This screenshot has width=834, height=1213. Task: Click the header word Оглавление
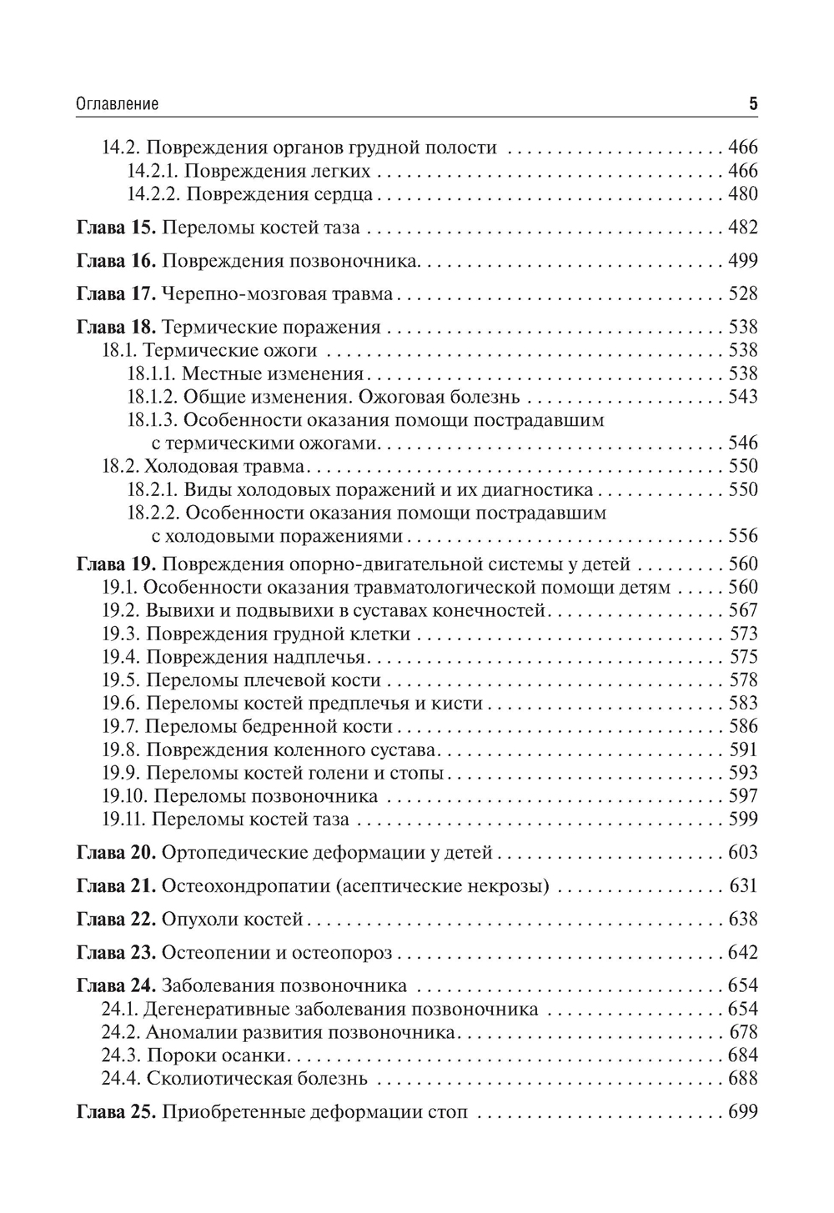click(117, 105)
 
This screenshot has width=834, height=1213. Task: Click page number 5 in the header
click(752, 105)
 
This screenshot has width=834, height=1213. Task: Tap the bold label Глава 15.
click(116, 228)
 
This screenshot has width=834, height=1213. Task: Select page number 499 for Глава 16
click(742, 261)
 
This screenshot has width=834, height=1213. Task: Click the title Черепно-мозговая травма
click(277, 294)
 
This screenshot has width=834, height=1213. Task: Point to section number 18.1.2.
click(151, 397)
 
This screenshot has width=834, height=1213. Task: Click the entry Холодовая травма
click(224, 466)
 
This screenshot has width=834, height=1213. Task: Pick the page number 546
click(742, 443)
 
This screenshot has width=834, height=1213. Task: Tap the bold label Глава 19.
click(116, 564)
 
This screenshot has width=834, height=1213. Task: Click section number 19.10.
click(124, 796)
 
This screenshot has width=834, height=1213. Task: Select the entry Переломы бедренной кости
click(269, 726)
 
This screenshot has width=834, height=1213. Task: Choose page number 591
click(742, 749)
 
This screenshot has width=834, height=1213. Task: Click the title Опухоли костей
click(231, 920)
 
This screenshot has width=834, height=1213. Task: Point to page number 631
click(742, 886)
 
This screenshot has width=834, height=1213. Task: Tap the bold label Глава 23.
click(116, 953)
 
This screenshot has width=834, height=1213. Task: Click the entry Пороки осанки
click(217, 1056)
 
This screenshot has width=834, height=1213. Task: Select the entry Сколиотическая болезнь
click(257, 1080)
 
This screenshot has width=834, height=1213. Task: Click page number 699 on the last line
click(742, 1113)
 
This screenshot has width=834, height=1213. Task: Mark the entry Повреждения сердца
click(279, 194)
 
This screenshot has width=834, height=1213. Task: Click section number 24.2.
click(121, 1033)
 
